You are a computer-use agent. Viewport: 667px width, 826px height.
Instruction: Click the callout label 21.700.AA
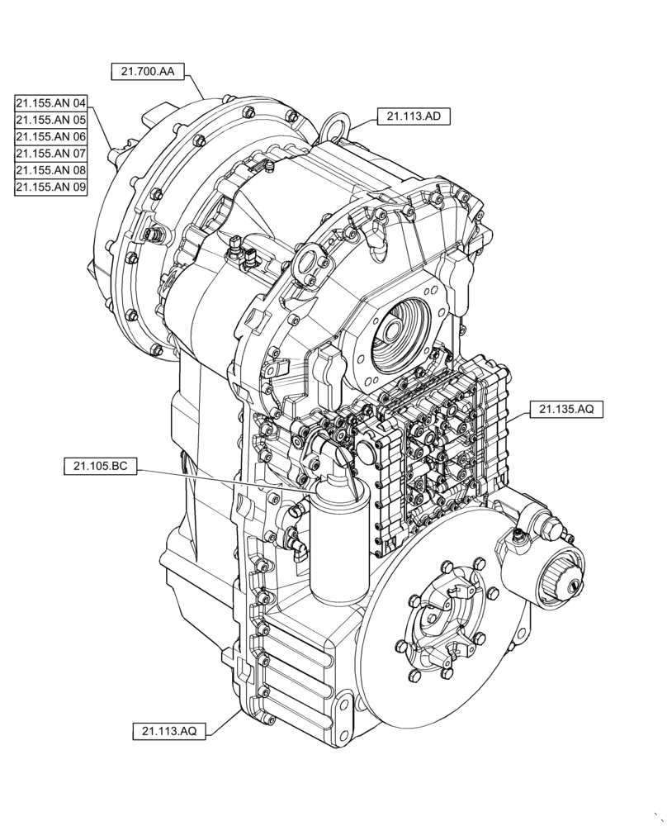(x=147, y=72)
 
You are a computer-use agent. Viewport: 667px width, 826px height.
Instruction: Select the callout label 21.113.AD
(x=413, y=116)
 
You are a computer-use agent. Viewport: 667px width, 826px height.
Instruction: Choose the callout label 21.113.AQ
(x=168, y=731)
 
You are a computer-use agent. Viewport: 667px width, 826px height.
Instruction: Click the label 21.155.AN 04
(x=50, y=103)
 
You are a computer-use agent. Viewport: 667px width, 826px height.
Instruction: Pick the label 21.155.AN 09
(x=50, y=188)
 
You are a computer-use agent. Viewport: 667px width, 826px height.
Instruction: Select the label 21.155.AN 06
(x=50, y=137)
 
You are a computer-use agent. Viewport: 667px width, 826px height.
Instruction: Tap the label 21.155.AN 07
(x=50, y=154)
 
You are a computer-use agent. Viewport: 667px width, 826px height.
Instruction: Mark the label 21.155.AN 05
(x=50, y=120)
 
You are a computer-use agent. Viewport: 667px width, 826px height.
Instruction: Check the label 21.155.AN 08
(x=50, y=171)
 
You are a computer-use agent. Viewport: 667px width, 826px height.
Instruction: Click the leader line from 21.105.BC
(x=223, y=478)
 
